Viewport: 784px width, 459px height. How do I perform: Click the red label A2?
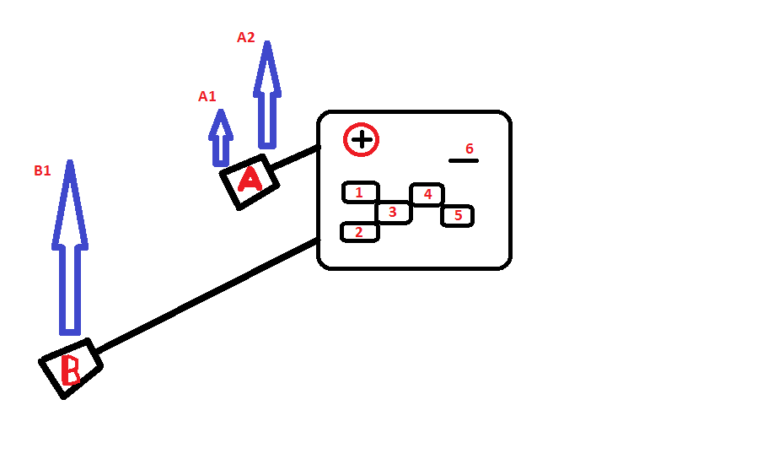point(245,37)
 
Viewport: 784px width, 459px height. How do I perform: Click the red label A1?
point(207,96)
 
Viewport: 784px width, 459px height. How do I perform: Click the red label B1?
point(42,170)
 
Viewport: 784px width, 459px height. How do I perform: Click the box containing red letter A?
point(250,181)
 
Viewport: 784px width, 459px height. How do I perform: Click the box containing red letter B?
point(71,368)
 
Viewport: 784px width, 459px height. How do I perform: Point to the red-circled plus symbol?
point(361,139)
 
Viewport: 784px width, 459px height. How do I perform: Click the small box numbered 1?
point(360,192)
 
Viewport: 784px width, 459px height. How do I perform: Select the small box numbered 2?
point(359,232)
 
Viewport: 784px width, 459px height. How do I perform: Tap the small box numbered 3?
point(393,212)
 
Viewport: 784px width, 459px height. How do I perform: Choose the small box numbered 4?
point(427,195)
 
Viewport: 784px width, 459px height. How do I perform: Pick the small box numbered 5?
point(457,216)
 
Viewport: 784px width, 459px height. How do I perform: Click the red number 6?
point(470,148)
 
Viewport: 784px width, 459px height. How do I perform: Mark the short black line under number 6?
point(463,160)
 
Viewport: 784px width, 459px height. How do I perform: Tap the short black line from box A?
point(298,157)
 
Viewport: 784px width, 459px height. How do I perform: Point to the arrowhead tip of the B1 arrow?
point(70,164)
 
